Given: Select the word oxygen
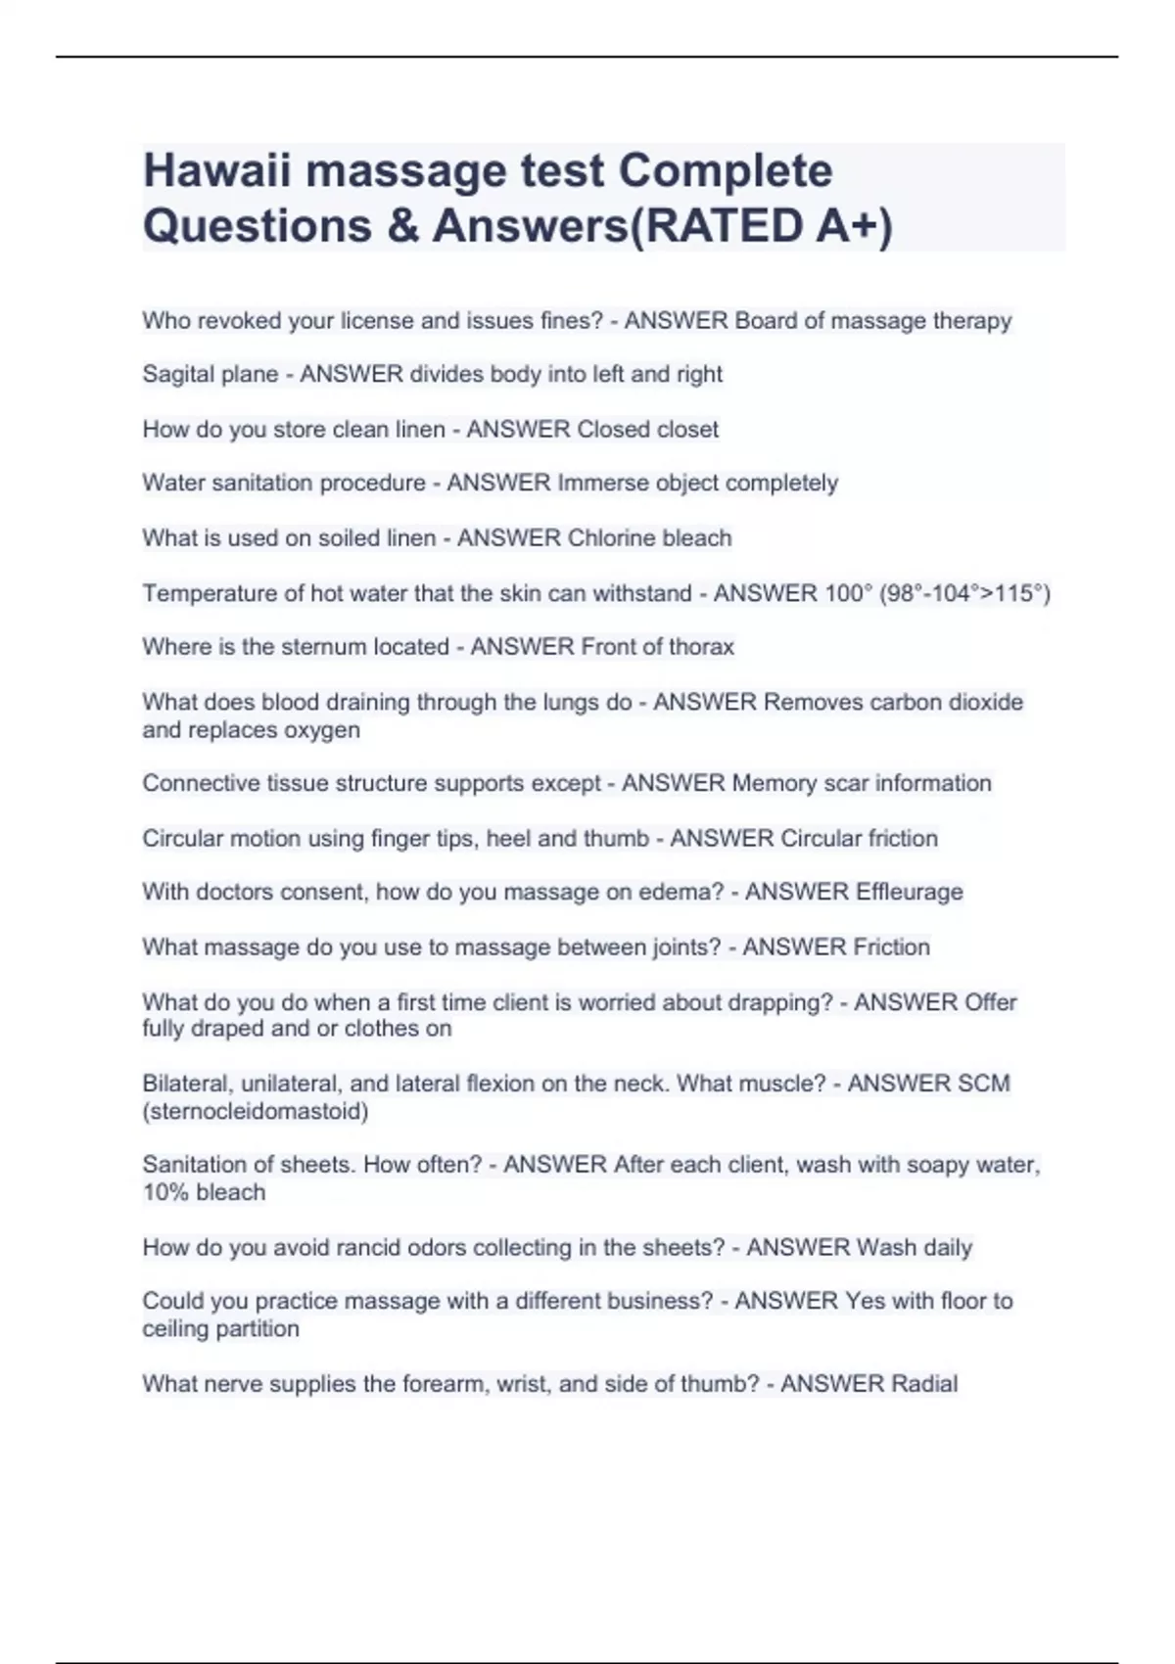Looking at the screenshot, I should click(322, 729).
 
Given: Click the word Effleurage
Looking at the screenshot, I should click(909, 892).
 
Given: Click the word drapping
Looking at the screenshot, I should click(782, 1001).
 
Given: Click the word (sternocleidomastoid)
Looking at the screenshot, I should click(256, 1111).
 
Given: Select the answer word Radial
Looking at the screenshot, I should click(923, 1383).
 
